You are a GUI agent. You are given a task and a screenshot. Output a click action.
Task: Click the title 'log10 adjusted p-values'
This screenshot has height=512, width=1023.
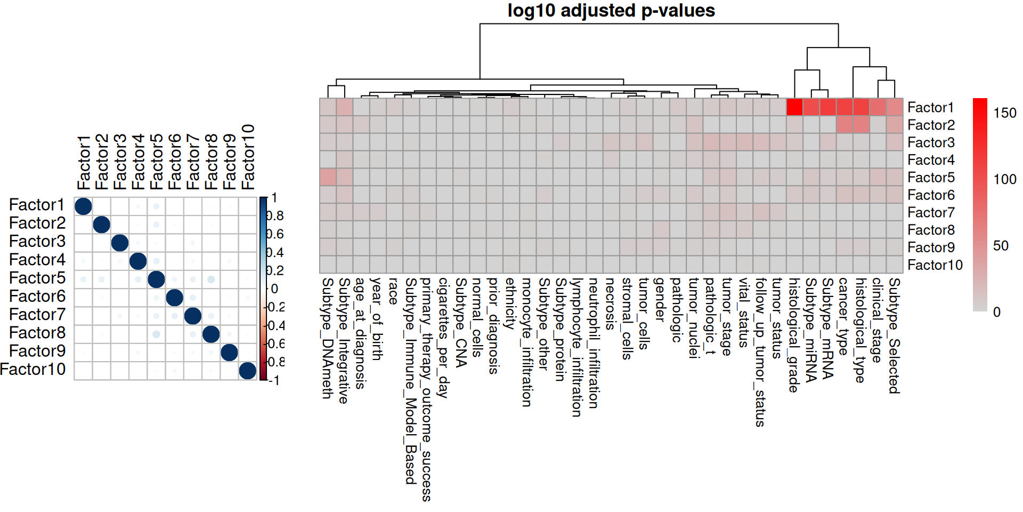point(611,11)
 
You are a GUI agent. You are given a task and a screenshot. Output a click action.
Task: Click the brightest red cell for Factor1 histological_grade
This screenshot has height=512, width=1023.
point(794,107)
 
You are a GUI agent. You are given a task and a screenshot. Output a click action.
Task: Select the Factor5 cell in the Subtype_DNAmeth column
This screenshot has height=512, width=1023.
point(328,177)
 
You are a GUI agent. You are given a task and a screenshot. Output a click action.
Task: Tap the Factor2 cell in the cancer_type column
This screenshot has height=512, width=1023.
point(845,125)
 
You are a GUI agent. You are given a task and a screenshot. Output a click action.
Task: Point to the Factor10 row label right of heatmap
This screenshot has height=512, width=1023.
point(935,265)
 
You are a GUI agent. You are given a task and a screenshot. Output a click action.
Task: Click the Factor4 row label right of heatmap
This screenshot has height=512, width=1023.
point(931,160)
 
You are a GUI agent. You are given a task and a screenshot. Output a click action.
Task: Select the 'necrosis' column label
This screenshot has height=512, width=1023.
point(611,303)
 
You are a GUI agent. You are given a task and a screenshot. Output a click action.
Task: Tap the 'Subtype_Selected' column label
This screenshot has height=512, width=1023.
point(895,335)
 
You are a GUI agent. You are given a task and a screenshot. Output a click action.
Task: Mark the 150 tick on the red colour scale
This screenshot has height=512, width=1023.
point(1004,113)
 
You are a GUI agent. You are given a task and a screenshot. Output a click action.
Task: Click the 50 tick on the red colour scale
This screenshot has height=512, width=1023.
point(1001,246)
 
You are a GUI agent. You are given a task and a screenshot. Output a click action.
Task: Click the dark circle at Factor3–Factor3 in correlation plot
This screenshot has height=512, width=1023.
point(120,243)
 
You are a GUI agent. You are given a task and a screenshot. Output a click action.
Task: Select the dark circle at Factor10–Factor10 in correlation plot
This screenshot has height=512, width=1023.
point(247,370)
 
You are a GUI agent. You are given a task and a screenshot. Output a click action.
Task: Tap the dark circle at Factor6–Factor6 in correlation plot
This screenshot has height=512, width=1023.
point(175,298)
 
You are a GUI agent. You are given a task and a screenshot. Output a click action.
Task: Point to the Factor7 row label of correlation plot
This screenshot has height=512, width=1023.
point(37,315)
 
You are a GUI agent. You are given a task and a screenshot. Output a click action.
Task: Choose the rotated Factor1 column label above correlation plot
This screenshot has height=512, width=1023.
point(84,162)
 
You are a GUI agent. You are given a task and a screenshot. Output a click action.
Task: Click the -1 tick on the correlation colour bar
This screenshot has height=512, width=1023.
point(274,380)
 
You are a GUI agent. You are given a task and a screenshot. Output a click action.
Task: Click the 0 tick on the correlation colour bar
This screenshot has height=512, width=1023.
point(274,289)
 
